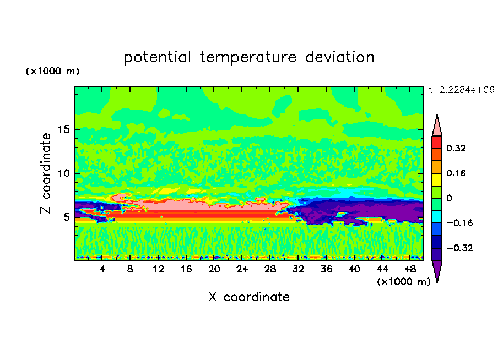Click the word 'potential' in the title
tap(157, 58)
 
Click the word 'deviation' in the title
tap(340, 57)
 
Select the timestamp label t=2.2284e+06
tap(461, 90)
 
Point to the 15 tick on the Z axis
tap(64, 129)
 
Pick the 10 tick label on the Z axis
tap(63, 173)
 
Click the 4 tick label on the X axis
tap(102, 269)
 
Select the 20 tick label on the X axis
tap(214, 269)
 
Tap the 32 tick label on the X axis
tap(298, 269)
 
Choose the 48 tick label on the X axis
tap(410, 269)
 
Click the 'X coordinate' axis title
tap(249, 297)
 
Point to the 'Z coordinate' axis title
tap(46, 173)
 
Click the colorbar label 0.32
tap(456, 148)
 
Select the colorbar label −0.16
tap(459, 223)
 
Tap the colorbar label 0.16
tap(456, 173)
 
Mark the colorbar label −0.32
tap(459, 248)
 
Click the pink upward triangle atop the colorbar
tap(437, 127)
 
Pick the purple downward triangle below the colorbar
tap(437, 270)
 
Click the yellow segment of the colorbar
tap(437, 179)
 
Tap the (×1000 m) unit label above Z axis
tap(52, 71)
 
